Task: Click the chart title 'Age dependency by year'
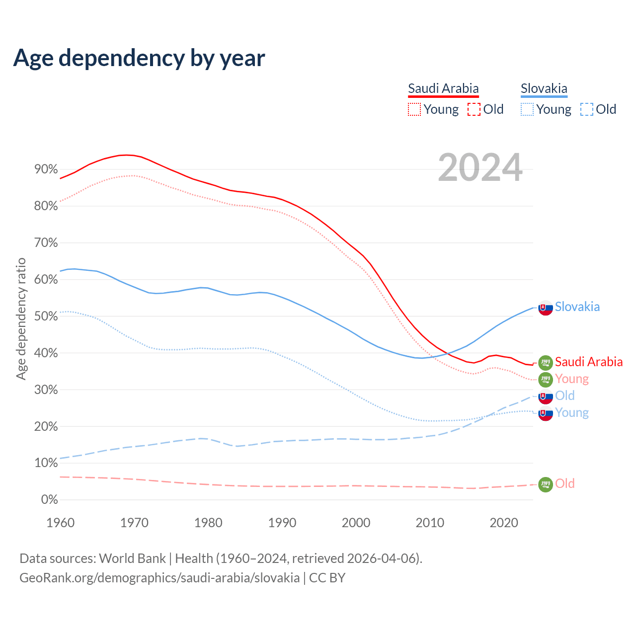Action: [x=139, y=58]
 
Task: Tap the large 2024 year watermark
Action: [x=480, y=167]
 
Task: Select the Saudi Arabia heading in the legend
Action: [x=443, y=88]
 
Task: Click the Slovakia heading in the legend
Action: [x=544, y=88]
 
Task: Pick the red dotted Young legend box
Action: [x=414, y=109]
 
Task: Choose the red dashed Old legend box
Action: [x=474, y=109]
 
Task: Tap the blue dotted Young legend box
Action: [x=527, y=109]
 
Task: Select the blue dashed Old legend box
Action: [x=587, y=109]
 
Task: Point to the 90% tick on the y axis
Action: [x=46, y=169]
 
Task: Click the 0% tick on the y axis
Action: [x=49, y=499]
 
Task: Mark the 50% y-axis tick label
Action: [x=46, y=316]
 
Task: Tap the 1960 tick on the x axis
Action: [x=60, y=523]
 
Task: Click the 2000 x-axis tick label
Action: [x=356, y=523]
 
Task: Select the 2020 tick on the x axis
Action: [x=504, y=523]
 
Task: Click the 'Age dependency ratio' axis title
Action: [x=21, y=318]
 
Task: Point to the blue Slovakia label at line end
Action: [x=577, y=307]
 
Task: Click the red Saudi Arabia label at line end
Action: [x=588, y=362]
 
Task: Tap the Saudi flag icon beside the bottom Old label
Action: [x=546, y=484]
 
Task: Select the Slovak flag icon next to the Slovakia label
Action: [x=546, y=308]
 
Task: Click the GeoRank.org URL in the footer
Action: [x=159, y=578]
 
